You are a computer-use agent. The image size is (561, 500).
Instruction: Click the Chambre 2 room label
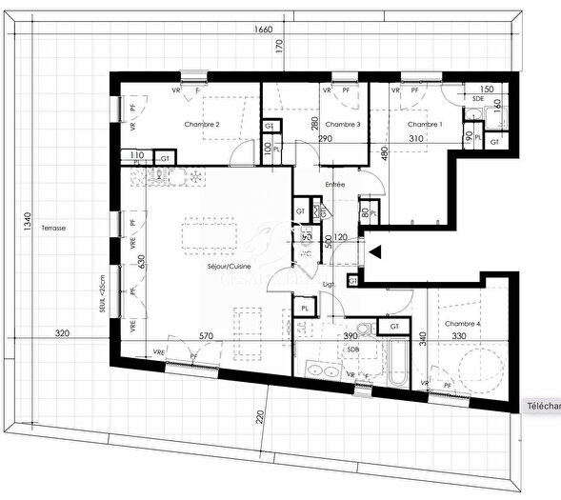click(201, 125)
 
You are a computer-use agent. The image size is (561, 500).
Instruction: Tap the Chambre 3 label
click(342, 125)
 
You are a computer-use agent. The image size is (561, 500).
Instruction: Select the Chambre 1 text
click(425, 125)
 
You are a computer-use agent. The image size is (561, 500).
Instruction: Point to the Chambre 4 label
click(462, 324)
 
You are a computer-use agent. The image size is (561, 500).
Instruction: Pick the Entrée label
click(333, 185)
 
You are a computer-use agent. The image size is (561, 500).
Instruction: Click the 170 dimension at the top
click(280, 46)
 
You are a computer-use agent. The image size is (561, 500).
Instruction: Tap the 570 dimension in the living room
click(203, 334)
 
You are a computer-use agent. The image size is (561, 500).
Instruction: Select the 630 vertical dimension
click(141, 264)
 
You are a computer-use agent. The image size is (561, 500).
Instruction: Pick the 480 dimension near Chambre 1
click(385, 154)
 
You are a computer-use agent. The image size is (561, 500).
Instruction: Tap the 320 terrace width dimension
click(63, 334)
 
